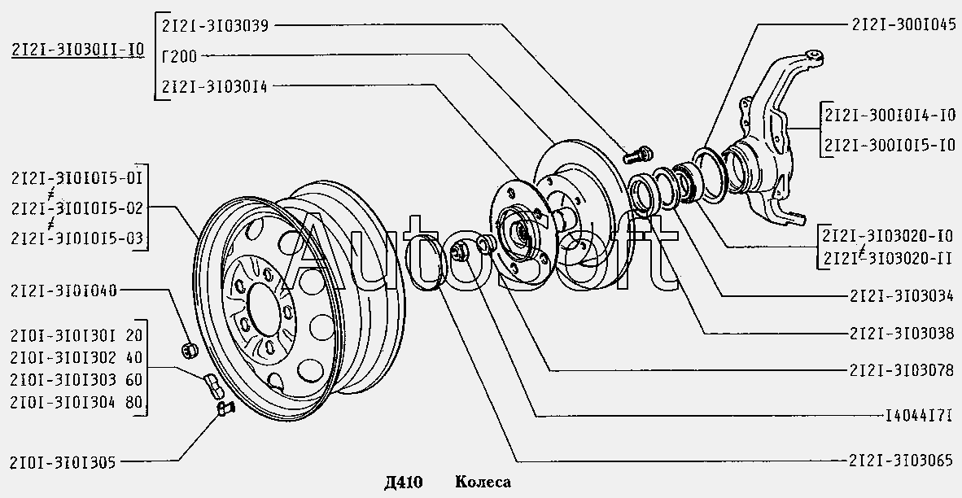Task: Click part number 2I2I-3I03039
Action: (x=215, y=26)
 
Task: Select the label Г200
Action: (x=180, y=56)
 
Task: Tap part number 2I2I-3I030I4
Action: (x=215, y=86)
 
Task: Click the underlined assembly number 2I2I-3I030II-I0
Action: (x=78, y=50)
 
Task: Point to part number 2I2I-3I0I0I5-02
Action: (x=77, y=208)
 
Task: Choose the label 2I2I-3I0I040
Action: (x=63, y=290)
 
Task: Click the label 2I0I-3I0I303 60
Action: (x=76, y=380)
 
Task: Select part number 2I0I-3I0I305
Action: (x=63, y=462)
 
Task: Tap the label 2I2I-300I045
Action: (x=903, y=24)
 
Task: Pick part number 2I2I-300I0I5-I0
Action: (x=890, y=145)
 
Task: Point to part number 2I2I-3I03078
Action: (x=901, y=370)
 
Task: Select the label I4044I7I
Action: (x=918, y=417)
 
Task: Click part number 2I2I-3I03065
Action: (x=901, y=461)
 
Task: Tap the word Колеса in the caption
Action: (x=483, y=482)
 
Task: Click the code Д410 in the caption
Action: (x=404, y=482)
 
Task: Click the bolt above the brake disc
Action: (x=638, y=155)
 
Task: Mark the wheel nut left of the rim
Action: (x=190, y=350)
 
